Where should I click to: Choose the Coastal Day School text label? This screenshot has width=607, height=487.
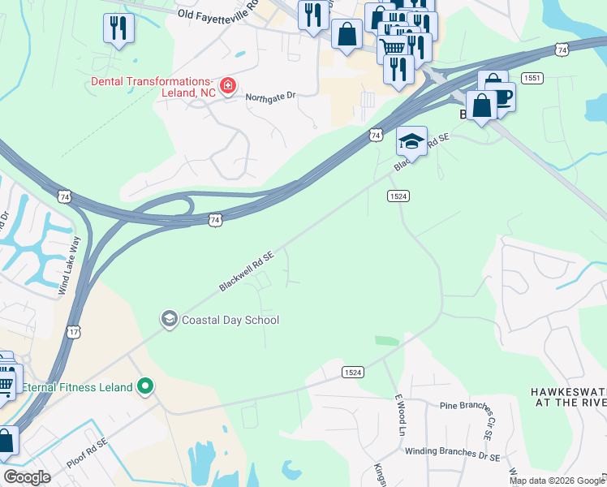coord(230,320)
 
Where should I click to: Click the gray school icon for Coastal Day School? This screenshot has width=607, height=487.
coord(169,318)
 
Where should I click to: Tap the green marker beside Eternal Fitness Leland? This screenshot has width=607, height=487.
coord(146,386)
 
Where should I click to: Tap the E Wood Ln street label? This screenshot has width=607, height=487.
coord(398,415)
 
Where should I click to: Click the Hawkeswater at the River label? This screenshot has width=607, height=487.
coord(568,397)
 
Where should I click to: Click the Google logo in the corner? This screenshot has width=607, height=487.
coord(27,477)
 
